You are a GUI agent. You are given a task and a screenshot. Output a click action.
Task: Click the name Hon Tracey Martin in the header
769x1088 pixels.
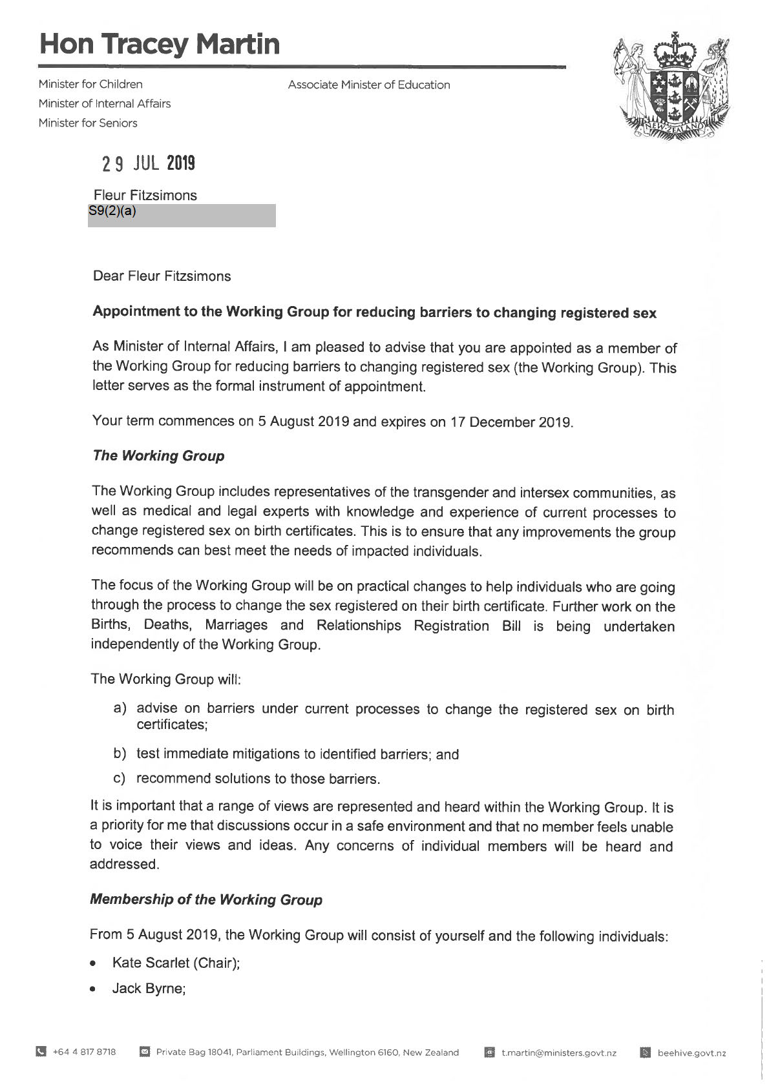click(x=160, y=44)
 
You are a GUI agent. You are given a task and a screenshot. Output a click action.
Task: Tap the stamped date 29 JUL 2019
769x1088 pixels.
click(x=149, y=163)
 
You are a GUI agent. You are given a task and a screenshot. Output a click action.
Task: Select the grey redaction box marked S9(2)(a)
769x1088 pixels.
click(x=182, y=216)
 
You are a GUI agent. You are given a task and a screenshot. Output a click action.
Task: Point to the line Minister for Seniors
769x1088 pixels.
click(x=88, y=123)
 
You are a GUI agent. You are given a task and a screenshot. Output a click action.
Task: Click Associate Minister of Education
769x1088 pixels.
click(x=369, y=85)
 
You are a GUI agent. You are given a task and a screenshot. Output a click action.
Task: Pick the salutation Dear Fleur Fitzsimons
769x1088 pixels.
click(x=162, y=276)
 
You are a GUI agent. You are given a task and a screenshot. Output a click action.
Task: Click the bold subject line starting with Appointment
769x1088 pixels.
click(x=374, y=313)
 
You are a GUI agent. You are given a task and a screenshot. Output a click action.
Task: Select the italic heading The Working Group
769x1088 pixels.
click(x=158, y=456)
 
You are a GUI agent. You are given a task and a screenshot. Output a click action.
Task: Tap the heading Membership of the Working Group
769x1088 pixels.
click(x=205, y=899)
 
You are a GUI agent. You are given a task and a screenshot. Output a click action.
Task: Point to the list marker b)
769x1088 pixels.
click(x=120, y=754)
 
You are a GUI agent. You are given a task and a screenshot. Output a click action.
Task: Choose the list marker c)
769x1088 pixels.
click(x=120, y=778)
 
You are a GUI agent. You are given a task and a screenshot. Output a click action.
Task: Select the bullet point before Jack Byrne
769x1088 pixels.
click(x=94, y=989)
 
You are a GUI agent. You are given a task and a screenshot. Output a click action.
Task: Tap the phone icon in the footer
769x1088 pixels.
click(x=41, y=1052)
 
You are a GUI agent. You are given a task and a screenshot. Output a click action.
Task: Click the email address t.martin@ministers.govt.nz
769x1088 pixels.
click(x=559, y=1052)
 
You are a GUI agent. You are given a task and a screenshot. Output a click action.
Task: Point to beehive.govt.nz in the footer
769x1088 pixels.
click(x=691, y=1052)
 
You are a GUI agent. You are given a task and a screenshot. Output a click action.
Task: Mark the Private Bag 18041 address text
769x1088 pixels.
click(x=308, y=1052)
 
